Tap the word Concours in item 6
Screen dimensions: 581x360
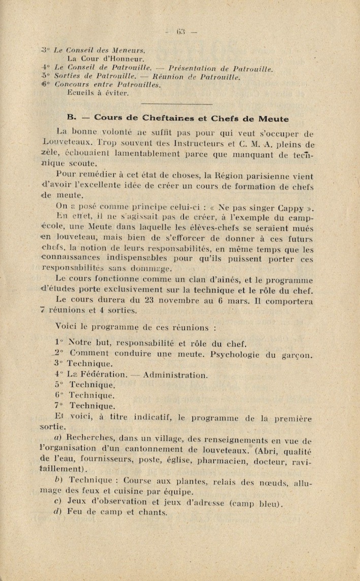click(x=72, y=85)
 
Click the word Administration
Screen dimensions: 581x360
click(x=175, y=375)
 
